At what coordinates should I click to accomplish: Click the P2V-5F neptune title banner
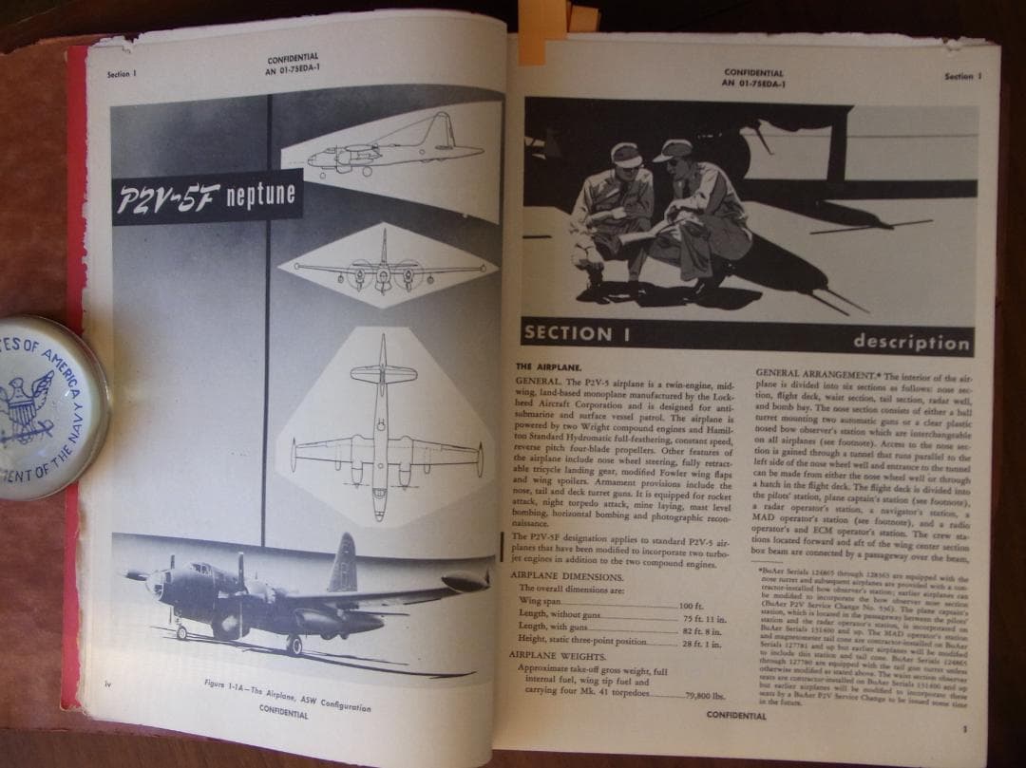pyautogui.click(x=207, y=197)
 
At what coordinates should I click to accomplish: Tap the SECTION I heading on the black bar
pyautogui.click(x=568, y=333)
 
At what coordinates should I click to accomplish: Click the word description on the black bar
pyautogui.click(x=910, y=342)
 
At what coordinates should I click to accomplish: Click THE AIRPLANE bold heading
pyautogui.click(x=549, y=365)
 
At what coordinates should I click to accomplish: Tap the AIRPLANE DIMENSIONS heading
pyautogui.click(x=566, y=576)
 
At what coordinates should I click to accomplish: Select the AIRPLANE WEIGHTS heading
pyautogui.click(x=560, y=655)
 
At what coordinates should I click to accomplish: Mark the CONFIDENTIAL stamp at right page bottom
pyautogui.click(x=737, y=715)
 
